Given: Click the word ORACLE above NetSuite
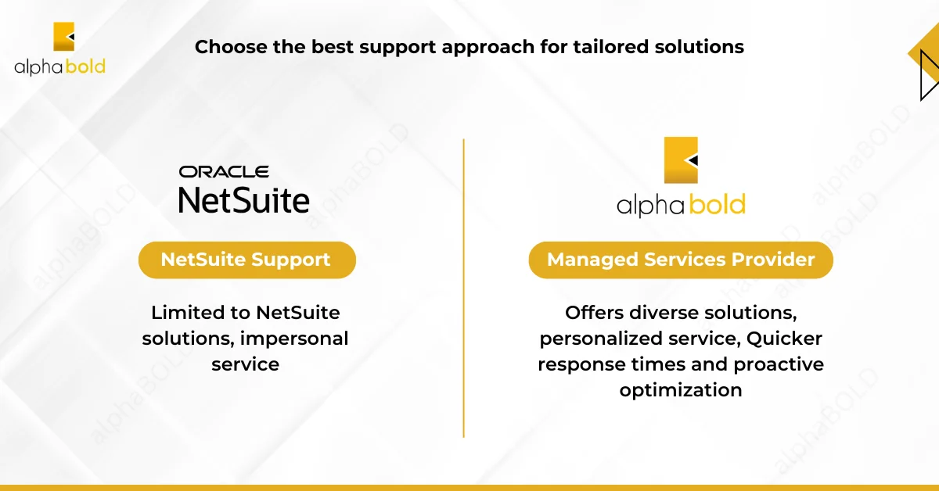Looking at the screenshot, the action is click(x=224, y=172).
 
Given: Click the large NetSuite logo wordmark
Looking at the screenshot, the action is click(x=244, y=200).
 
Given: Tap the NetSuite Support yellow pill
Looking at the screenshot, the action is click(x=247, y=260).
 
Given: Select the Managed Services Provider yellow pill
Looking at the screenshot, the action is click(x=681, y=260).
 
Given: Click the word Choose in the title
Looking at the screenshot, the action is click(x=231, y=46).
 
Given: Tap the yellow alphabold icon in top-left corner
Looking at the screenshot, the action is click(x=63, y=37).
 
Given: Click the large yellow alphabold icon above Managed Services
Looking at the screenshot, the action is click(x=681, y=160).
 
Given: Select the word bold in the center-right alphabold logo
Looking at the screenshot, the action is click(x=718, y=204).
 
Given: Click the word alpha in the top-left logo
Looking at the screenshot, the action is click(x=38, y=67).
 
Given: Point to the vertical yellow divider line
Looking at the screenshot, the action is click(x=463, y=289).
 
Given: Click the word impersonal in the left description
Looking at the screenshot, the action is click(x=294, y=339).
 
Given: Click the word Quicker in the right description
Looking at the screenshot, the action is click(x=784, y=339).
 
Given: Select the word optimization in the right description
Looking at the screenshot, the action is click(x=681, y=391).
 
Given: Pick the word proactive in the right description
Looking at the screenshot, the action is click(x=779, y=365).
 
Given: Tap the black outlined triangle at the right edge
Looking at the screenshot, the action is click(x=929, y=75).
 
